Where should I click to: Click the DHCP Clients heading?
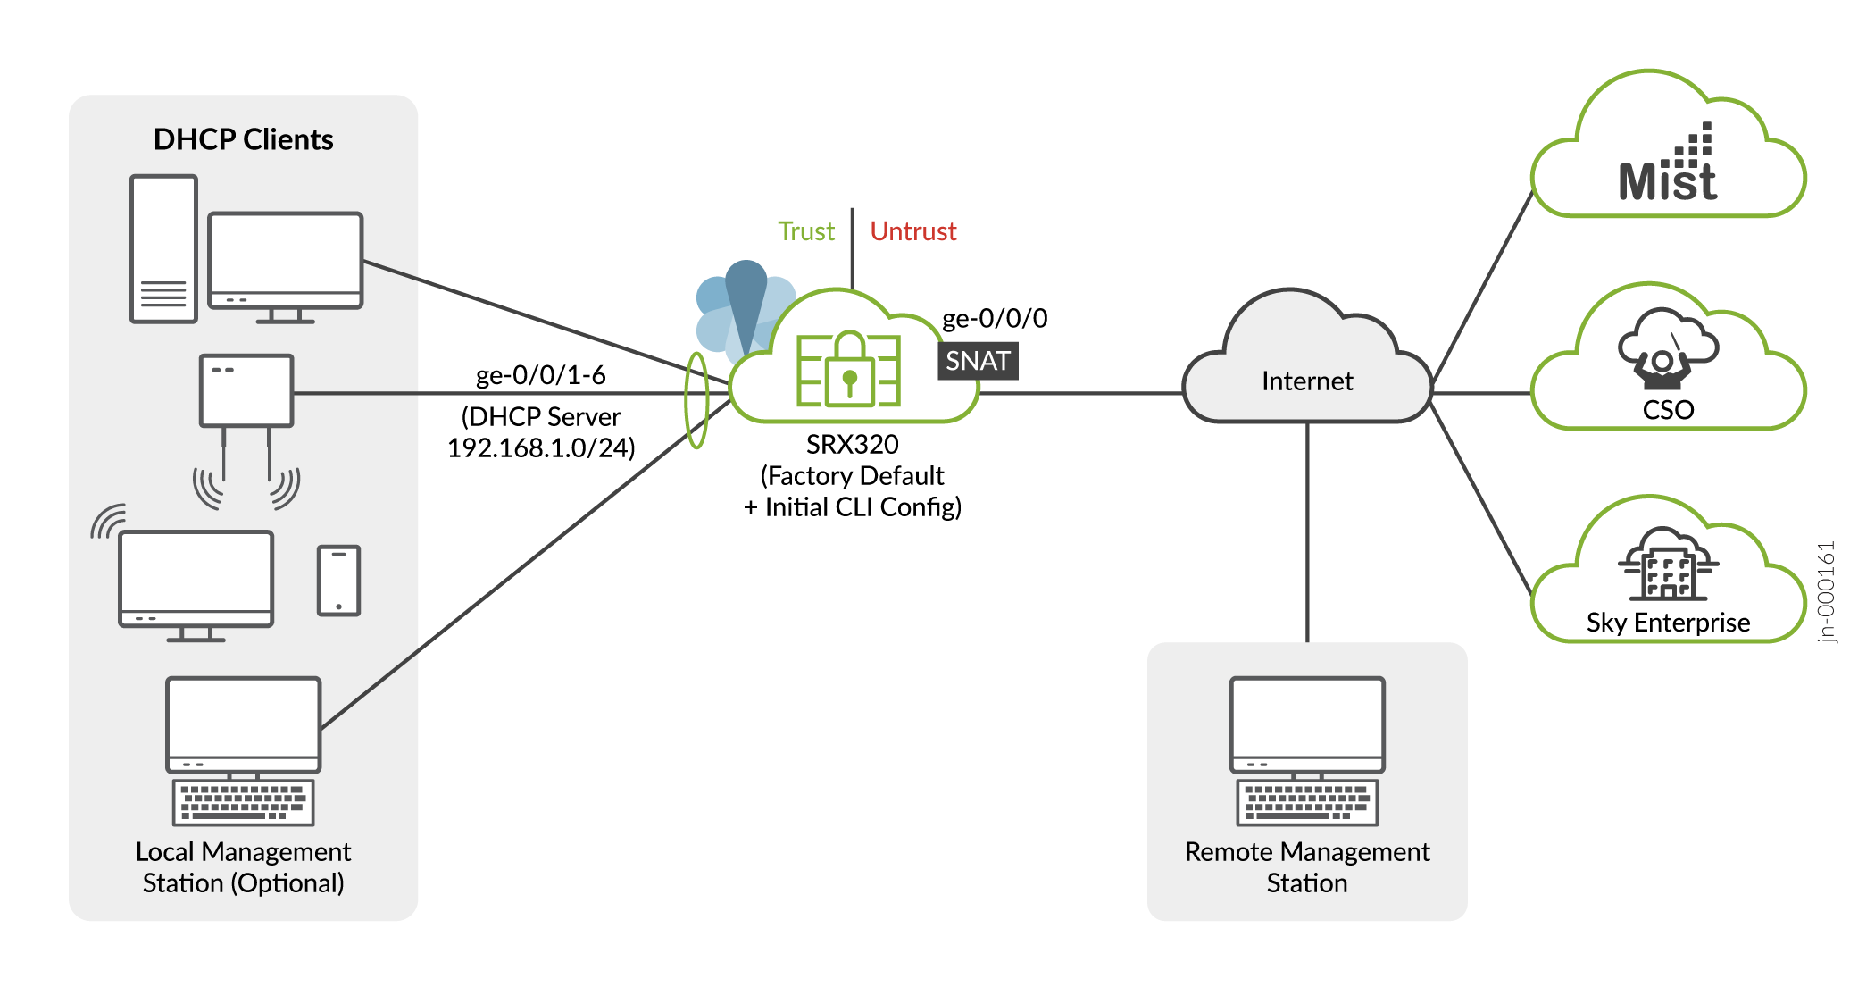tap(243, 139)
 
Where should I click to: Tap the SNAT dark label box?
tap(978, 361)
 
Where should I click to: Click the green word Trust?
tap(805, 231)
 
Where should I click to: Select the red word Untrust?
tap(912, 231)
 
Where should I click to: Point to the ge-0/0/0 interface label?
tap(995, 318)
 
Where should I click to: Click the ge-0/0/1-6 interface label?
tap(540, 374)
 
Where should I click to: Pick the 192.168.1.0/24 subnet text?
tap(541, 447)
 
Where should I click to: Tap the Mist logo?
tap(1668, 170)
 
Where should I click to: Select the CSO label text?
tap(1668, 410)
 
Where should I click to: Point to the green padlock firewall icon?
tap(848, 370)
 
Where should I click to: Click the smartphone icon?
tap(338, 581)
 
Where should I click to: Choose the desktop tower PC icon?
tap(163, 248)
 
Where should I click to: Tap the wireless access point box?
tap(246, 390)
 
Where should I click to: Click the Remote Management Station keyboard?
tap(1306, 801)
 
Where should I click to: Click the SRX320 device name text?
tap(852, 444)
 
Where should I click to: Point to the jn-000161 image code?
tap(1827, 591)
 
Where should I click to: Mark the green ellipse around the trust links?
tap(696, 400)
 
